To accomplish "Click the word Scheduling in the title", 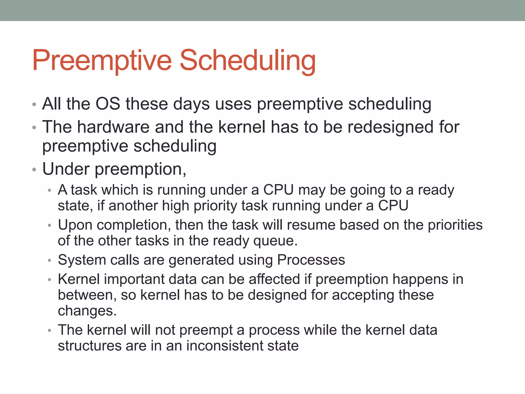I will click(247, 61).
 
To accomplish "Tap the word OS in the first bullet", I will click(108, 104).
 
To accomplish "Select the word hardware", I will click(113, 127).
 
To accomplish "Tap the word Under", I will click(66, 169).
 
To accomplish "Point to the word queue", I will click(275, 241).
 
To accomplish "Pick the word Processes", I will click(311, 260).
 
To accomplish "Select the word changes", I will click(87, 311).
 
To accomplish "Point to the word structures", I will click(89, 346).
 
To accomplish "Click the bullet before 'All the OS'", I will click(34, 104).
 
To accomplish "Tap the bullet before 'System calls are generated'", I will click(50, 261).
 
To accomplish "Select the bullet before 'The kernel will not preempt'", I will click(50, 331).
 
